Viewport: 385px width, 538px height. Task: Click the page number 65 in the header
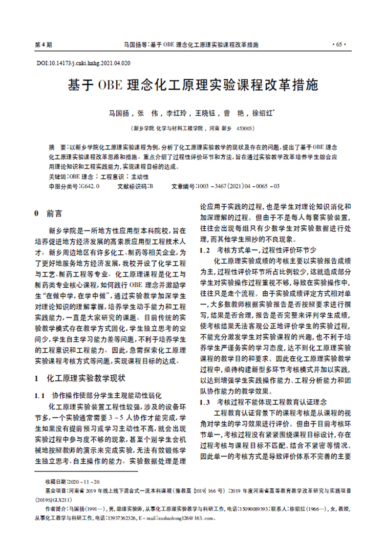click(339, 45)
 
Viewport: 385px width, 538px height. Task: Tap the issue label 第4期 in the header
click(43, 45)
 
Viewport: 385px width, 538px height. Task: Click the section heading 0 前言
click(48, 211)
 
